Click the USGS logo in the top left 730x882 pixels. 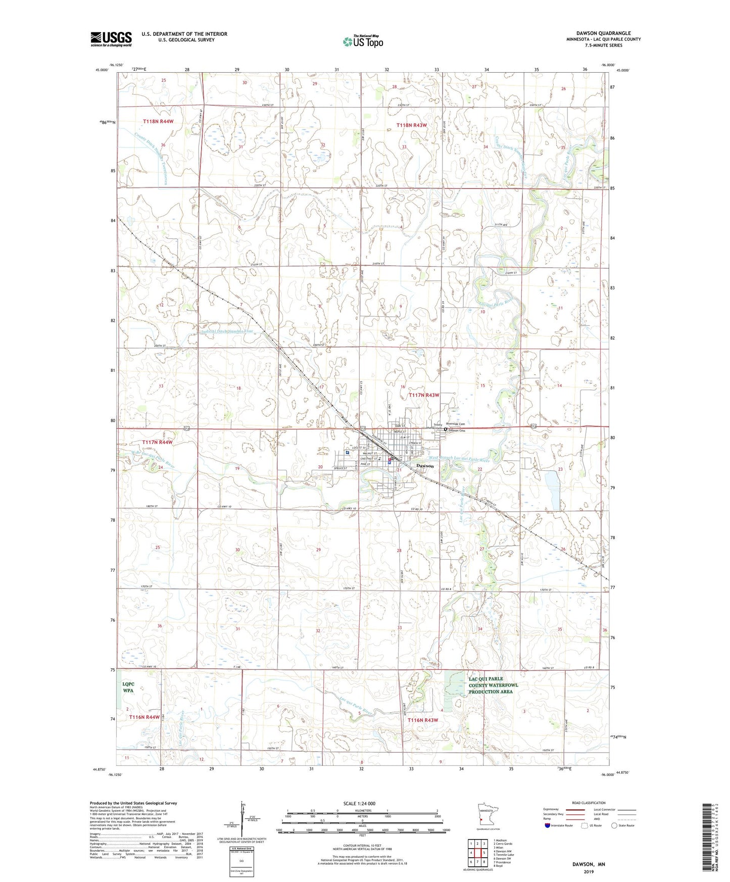111,39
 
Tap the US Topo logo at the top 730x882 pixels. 363,41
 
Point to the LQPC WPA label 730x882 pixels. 128,687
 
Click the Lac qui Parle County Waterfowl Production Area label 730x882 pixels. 493,685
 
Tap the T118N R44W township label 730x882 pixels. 158,122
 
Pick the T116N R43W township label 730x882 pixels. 422,720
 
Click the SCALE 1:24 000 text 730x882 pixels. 359,803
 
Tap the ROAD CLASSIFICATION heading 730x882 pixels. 589,803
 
